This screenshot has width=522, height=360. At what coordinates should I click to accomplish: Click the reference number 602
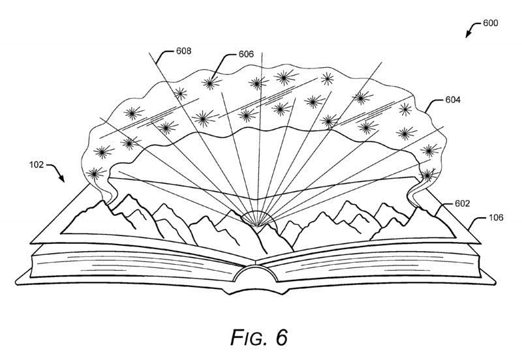(x=461, y=203)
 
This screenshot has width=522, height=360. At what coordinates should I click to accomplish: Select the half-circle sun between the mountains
(x=259, y=223)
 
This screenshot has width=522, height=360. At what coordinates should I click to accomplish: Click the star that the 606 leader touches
(x=209, y=83)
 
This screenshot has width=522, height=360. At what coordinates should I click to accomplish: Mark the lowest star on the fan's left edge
(x=97, y=174)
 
